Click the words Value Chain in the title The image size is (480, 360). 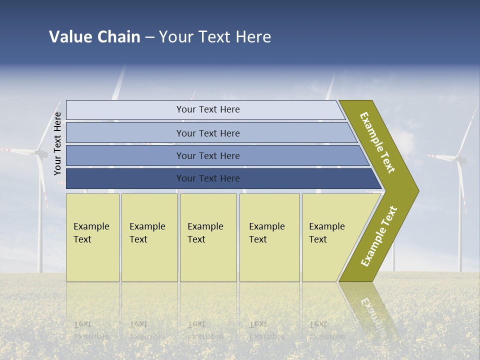click(94, 37)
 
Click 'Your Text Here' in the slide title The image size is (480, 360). click(215, 37)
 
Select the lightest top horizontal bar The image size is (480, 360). click(207, 109)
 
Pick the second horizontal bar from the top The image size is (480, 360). click(207, 133)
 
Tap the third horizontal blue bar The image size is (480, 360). click(207, 155)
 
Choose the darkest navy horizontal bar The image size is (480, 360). click(207, 178)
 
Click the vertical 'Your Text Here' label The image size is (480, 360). click(57, 143)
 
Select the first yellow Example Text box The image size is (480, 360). click(92, 237)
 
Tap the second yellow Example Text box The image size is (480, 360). click(149, 237)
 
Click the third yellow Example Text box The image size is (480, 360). click(208, 237)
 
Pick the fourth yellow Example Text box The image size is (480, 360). click(269, 237)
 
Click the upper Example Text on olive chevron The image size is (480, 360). click(377, 142)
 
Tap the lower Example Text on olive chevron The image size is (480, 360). click(379, 236)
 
